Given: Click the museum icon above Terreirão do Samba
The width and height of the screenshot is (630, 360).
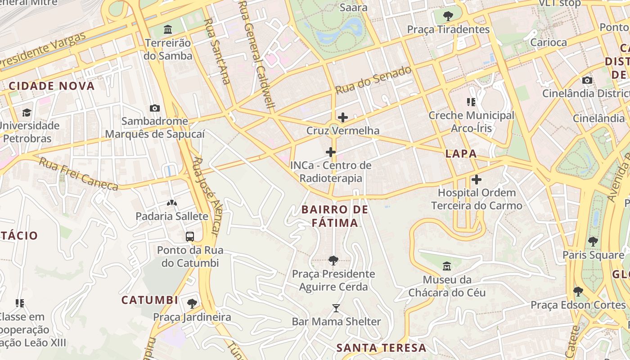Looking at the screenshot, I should click(x=168, y=30).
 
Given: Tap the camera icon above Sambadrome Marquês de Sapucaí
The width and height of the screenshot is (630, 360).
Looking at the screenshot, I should click(x=154, y=108).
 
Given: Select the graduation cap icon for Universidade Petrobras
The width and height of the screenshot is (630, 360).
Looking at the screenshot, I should click(x=27, y=112).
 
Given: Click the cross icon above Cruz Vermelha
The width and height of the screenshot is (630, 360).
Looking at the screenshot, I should click(x=342, y=117).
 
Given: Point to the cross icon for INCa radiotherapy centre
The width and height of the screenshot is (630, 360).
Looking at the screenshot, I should click(x=331, y=152).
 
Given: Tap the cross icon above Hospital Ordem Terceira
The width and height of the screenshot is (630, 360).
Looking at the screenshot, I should click(x=476, y=180).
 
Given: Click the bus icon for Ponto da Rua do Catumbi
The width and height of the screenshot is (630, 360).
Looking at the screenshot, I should click(x=190, y=236).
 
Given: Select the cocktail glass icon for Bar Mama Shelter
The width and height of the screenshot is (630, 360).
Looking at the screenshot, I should click(x=336, y=308).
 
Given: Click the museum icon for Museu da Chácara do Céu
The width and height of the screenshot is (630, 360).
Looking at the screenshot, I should click(x=447, y=266).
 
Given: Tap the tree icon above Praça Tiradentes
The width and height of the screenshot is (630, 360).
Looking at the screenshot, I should click(x=448, y=16).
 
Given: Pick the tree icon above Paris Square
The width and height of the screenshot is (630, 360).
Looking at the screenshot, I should click(x=593, y=242).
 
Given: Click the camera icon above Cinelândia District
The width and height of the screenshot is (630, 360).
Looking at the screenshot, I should click(x=587, y=80).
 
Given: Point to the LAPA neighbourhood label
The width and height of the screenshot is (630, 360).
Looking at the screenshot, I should click(x=461, y=153).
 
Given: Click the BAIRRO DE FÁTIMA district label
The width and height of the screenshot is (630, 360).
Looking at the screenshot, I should click(x=335, y=216).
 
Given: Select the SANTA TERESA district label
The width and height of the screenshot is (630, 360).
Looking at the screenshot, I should click(x=381, y=347).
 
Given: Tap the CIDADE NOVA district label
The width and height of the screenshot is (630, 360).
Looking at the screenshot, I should click(x=52, y=86).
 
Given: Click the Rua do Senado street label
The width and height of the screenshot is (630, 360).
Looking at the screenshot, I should click(x=373, y=80).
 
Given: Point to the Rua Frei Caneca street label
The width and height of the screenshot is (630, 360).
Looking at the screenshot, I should click(x=78, y=174).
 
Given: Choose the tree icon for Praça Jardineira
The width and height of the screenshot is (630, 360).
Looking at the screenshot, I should click(x=192, y=303).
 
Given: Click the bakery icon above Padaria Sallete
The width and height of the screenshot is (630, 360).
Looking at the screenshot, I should click(x=171, y=203).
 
